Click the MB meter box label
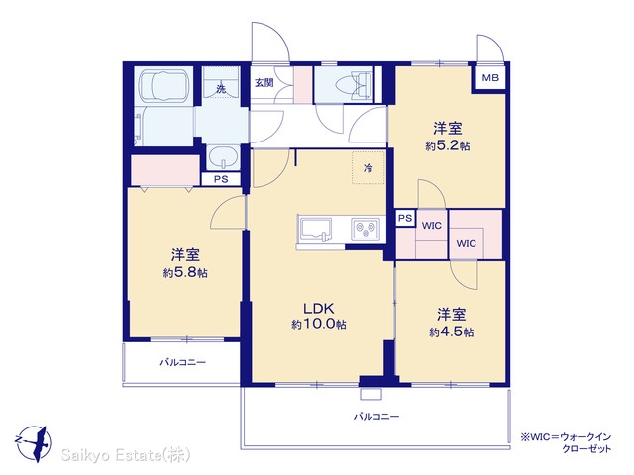point(490,77)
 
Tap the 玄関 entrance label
point(264,83)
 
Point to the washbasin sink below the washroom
point(223,157)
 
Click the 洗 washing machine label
point(221,89)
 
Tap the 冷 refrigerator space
point(368,168)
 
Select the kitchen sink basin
point(315,229)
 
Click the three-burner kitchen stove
point(366,229)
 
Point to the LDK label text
point(319,309)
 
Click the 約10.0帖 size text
point(319,324)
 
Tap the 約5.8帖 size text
point(185,273)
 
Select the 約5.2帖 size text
point(448,145)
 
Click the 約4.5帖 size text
point(452,332)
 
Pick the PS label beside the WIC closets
point(405,218)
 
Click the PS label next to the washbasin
point(221,179)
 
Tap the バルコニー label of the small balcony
point(182,362)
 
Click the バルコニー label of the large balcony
point(376,416)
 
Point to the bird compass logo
point(34,443)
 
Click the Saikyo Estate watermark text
point(126,455)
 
